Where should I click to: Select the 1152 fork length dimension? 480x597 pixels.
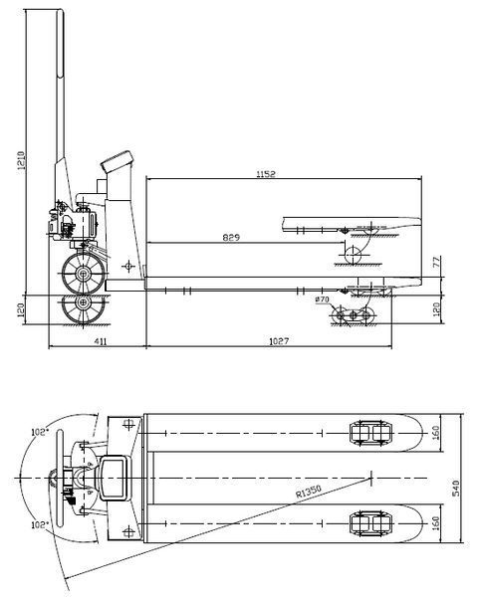(x=266, y=174)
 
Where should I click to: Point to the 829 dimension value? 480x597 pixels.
(x=231, y=238)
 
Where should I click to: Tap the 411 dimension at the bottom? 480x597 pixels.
(x=101, y=341)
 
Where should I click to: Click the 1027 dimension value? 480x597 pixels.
(x=279, y=341)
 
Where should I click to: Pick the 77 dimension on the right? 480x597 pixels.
(x=437, y=262)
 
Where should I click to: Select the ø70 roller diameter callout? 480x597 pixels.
(x=323, y=299)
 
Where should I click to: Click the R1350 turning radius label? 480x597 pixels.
(x=309, y=491)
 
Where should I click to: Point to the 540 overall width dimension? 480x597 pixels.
(x=456, y=489)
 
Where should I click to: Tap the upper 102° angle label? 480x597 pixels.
(x=40, y=432)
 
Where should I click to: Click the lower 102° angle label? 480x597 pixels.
(x=40, y=525)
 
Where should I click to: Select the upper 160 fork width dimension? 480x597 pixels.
(x=436, y=433)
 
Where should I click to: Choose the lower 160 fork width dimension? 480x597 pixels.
(x=436, y=523)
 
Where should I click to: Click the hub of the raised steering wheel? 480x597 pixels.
(x=83, y=274)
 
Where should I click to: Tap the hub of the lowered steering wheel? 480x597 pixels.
(x=83, y=303)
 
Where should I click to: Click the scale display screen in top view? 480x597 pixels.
(x=113, y=478)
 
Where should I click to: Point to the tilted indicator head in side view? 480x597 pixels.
(x=117, y=161)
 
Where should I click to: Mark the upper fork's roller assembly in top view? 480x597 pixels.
(x=370, y=433)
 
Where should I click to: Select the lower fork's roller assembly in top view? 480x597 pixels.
(x=370, y=523)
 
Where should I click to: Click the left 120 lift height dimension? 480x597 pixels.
(x=21, y=309)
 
